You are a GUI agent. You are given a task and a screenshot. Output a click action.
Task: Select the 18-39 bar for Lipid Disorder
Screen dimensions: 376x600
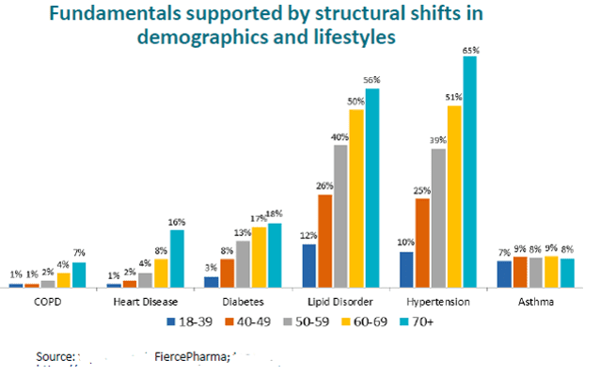308,265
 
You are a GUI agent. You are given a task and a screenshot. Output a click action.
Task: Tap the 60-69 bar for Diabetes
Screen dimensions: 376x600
259,256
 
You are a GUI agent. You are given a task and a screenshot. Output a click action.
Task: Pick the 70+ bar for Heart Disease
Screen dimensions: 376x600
177,258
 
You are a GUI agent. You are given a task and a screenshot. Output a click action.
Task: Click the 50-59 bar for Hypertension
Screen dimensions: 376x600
438,217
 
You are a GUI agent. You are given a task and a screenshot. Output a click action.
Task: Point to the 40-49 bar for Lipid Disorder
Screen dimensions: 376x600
324,240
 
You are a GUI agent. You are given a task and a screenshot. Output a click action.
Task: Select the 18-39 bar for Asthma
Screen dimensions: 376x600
504,273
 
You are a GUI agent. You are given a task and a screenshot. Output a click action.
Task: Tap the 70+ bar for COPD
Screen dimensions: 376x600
78,274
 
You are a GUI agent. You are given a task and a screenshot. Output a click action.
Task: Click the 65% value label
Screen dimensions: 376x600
470,49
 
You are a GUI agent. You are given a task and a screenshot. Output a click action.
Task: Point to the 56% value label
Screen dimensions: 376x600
372,80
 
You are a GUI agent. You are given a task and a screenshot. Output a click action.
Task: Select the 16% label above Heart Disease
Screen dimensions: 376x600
177,222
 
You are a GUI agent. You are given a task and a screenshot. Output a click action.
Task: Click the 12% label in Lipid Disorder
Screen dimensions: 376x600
308,235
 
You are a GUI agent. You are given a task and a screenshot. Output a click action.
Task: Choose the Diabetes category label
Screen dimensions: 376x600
244,302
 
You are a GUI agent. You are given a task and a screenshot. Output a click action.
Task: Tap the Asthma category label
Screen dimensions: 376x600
536,302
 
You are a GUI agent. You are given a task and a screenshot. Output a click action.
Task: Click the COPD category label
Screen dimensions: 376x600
48,302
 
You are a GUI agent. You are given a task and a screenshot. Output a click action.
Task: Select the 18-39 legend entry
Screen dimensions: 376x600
188,321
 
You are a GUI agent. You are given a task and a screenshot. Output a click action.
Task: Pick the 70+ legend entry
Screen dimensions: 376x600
417,321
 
